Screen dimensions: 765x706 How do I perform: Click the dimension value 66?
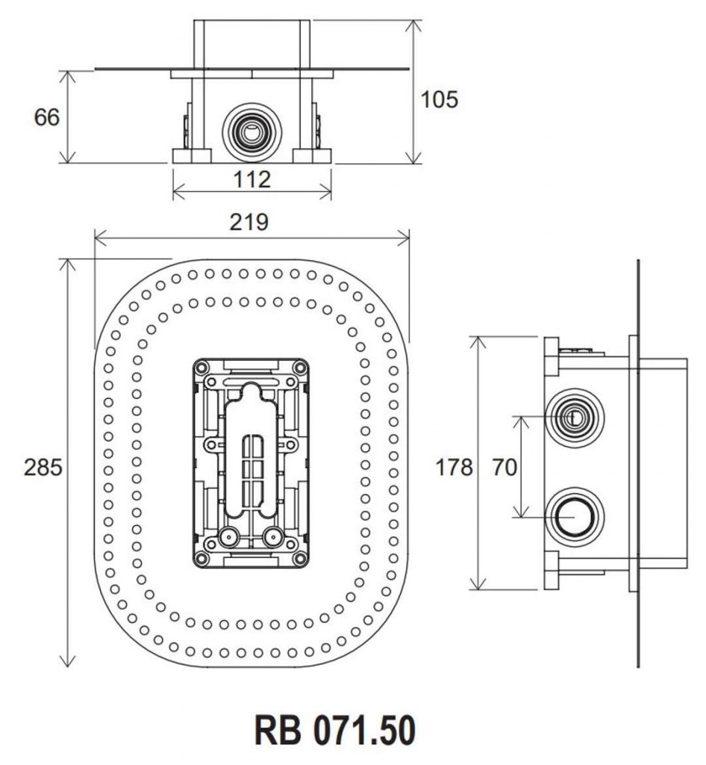coord(46,117)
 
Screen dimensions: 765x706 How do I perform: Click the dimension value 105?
coord(439,99)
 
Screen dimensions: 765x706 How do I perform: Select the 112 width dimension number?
coord(251,179)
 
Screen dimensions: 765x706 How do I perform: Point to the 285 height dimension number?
coord(43,468)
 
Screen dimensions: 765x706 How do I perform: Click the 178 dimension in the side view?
coord(454,468)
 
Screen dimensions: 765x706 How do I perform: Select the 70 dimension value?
coord(504,468)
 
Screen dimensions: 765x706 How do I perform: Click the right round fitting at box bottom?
coord(273,536)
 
